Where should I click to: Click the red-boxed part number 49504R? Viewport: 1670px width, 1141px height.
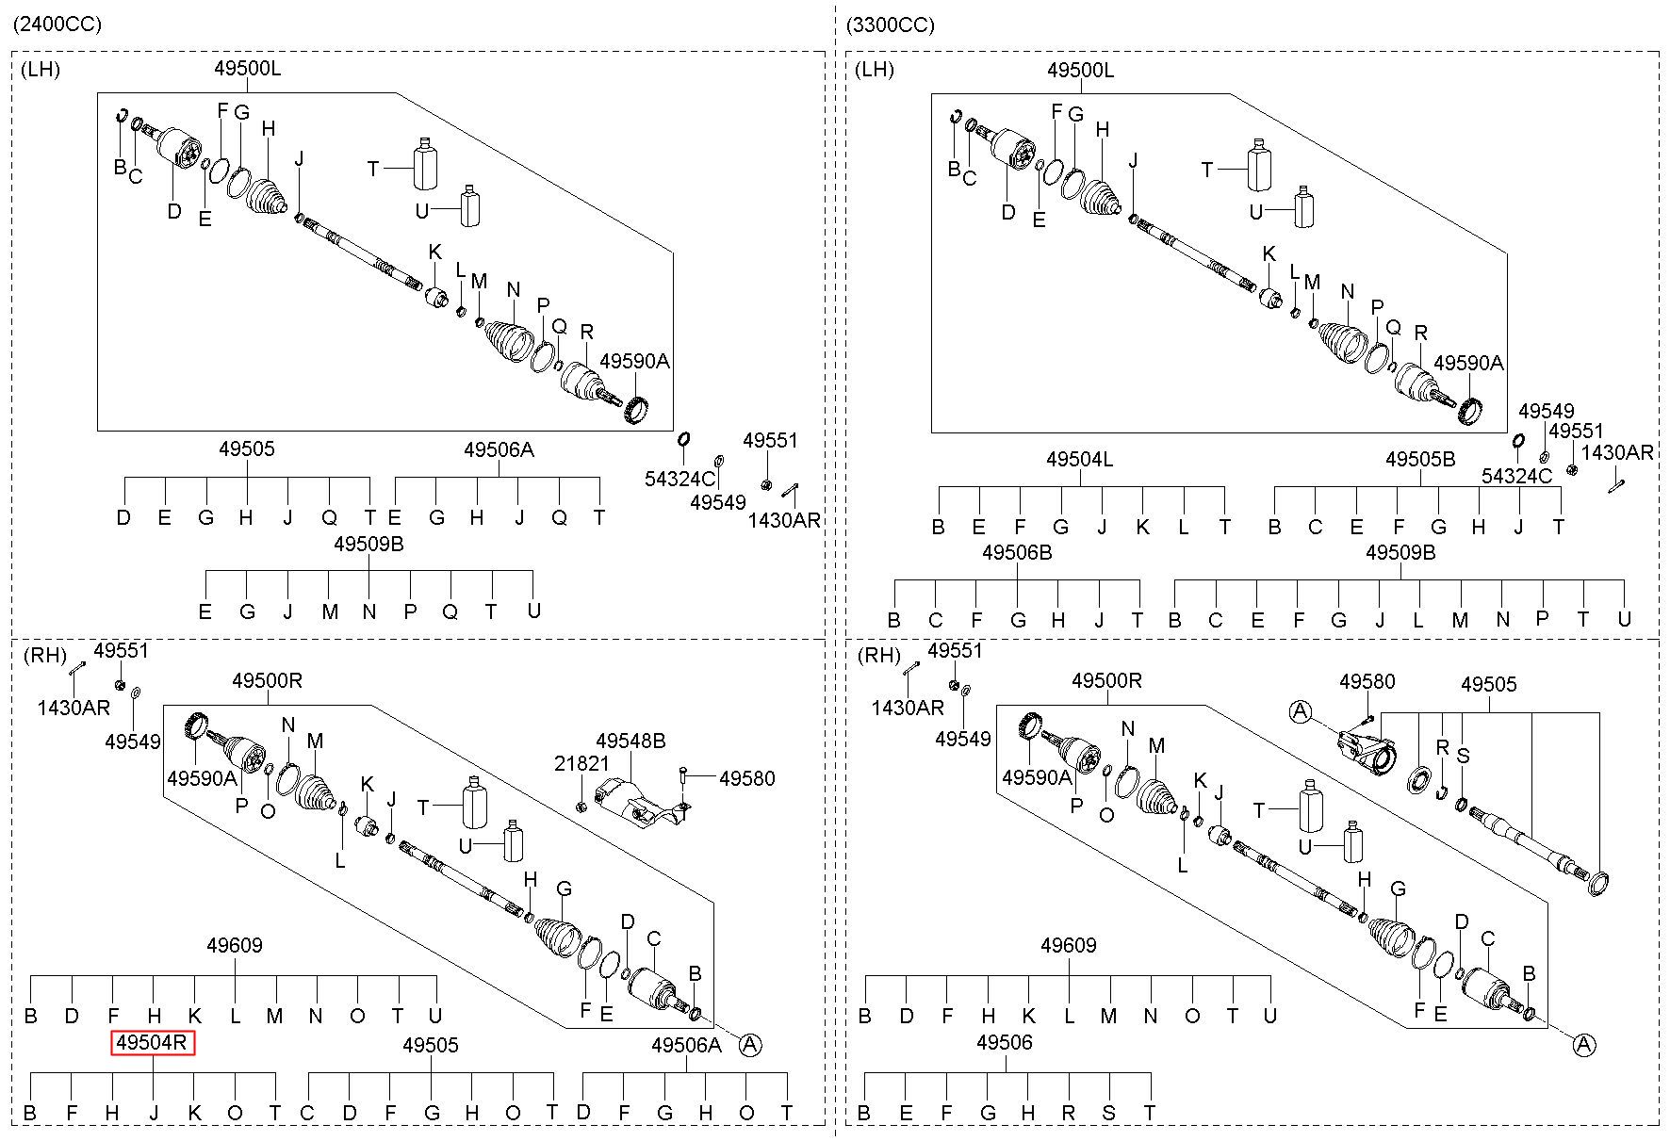pos(154,1043)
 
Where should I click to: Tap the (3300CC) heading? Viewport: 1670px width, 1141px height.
pos(891,24)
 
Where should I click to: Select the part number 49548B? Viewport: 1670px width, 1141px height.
pos(630,742)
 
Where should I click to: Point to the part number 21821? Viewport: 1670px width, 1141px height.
pos(581,763)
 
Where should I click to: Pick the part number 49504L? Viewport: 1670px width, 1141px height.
pos(1080,460)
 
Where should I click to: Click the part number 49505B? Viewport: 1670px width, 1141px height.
pos(1420,460)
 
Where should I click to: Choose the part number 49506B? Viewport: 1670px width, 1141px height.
pos(1017,553)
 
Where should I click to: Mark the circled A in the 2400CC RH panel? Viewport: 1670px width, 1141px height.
pos(750,1044)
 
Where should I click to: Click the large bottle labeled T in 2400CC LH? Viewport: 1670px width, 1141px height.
pos(427,165)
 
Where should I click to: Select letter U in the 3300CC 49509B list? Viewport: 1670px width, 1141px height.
pos(1624,619)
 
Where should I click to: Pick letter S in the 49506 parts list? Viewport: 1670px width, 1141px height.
pos(1108,1114)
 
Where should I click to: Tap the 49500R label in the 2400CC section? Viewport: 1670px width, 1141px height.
pos(268,680)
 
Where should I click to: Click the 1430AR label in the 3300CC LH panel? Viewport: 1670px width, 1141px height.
pos(1617,452)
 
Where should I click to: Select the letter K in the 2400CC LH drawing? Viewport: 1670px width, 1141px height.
pos(434,252)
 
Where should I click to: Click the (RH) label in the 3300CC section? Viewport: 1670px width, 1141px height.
pos(877,655)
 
